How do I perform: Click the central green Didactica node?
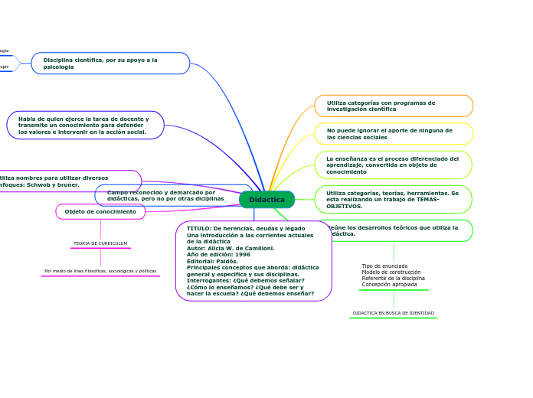tap(266, 200)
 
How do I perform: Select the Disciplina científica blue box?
tap(110, 64)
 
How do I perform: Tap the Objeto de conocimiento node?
tap(100, 212)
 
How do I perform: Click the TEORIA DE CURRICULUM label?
tap(100, 243)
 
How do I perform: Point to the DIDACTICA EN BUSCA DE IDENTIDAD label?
tap(393, 313)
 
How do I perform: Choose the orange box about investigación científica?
tap(394, 106)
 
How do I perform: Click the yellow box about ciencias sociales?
tap(394, 134)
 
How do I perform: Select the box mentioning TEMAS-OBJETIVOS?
tap(393, 200)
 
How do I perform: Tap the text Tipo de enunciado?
tap(384, 266)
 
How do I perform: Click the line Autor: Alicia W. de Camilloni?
tap(231, 248)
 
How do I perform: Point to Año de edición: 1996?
tap(218, 254)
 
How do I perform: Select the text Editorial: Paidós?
tap(212, 261)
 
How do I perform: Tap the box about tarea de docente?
tap(85, 126)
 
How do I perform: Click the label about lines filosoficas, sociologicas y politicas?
tap(100, 271)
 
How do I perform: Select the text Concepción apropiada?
tap(389, 284)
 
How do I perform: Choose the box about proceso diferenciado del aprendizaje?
tap(393, 165)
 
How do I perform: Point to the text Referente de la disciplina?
tap(393, 278)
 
